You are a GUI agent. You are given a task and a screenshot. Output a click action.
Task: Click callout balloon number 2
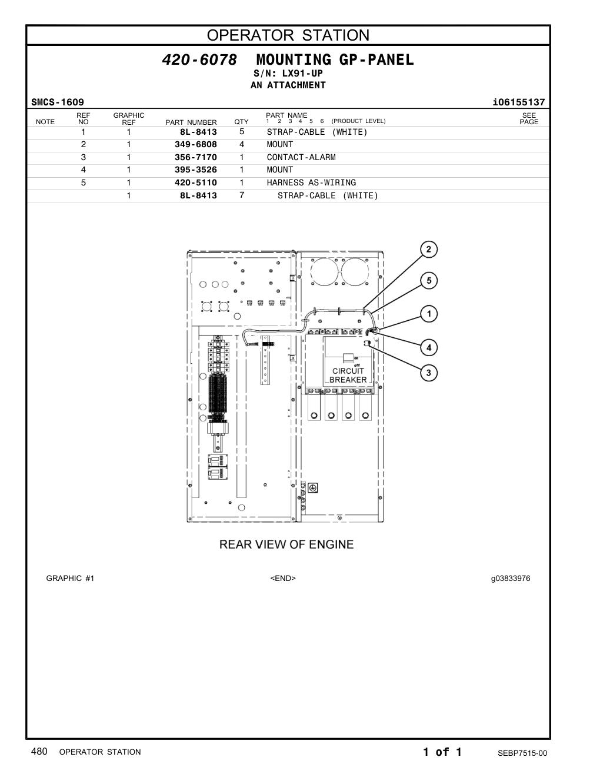428,250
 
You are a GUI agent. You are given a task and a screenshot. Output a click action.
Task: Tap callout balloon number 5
428,281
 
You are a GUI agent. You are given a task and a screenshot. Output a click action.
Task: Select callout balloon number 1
428,314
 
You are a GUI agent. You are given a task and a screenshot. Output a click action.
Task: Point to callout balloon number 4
428,347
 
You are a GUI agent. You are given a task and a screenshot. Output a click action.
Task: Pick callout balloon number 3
428,373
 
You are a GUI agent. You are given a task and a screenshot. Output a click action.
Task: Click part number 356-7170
195,157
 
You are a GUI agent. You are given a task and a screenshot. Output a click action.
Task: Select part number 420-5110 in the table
195,182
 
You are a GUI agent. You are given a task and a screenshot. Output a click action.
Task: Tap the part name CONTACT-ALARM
301,157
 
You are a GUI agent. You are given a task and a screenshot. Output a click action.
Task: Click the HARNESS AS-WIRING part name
311,182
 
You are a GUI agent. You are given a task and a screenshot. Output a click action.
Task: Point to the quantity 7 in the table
242,195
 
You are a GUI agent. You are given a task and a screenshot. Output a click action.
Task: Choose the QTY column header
241,122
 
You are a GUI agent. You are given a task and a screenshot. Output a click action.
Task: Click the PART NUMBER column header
191,122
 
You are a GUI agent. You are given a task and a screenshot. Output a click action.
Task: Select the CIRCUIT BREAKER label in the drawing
348,376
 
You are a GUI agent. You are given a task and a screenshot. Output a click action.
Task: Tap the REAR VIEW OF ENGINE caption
286,544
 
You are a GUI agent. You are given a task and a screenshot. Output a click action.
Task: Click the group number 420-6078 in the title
199,59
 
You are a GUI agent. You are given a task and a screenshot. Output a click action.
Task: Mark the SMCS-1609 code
58,102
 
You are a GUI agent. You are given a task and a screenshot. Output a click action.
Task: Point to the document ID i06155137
518,102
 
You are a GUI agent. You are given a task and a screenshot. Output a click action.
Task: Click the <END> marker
283,578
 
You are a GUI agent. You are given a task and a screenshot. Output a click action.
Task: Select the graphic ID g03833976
511,579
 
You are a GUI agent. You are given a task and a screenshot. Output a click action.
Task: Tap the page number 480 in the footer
39,751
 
